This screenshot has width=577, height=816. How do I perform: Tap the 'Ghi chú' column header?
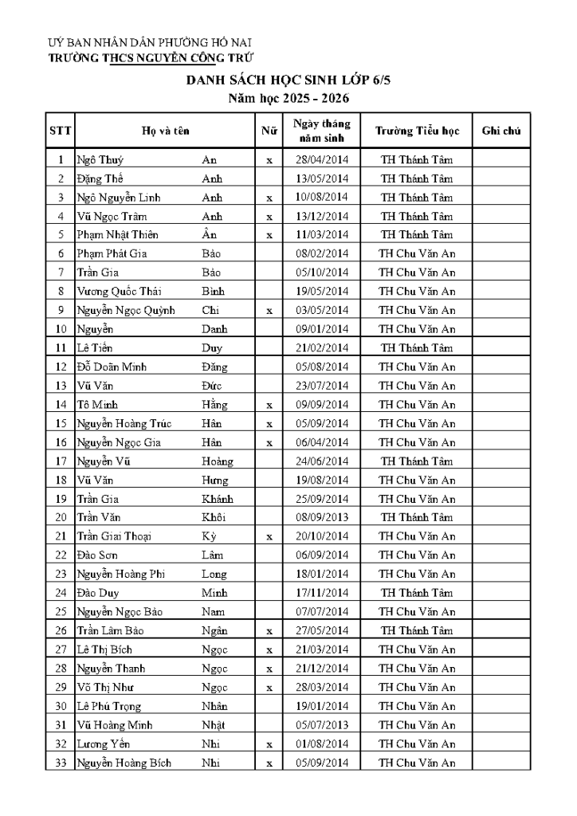[x=501, y=131]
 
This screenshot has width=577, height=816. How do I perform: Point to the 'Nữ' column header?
[x=269, y=131]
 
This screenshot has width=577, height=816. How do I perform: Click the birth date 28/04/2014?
[x=322, y=159]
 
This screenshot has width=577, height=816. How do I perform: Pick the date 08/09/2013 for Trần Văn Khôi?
[x=322, y=517]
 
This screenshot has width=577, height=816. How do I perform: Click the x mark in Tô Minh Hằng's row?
[x=269, y=405]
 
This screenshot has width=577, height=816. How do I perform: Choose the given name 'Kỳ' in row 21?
[x=209, y=536]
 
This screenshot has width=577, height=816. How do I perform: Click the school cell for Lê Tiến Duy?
[x=417, y=348]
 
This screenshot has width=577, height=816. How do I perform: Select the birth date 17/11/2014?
[x=322, y=593]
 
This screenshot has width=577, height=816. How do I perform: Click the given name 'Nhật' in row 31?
[x=214, y=725]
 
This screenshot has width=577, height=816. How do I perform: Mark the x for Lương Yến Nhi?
[x=269, y=744]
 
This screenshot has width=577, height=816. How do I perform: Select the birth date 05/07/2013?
[x=322, y=725]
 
